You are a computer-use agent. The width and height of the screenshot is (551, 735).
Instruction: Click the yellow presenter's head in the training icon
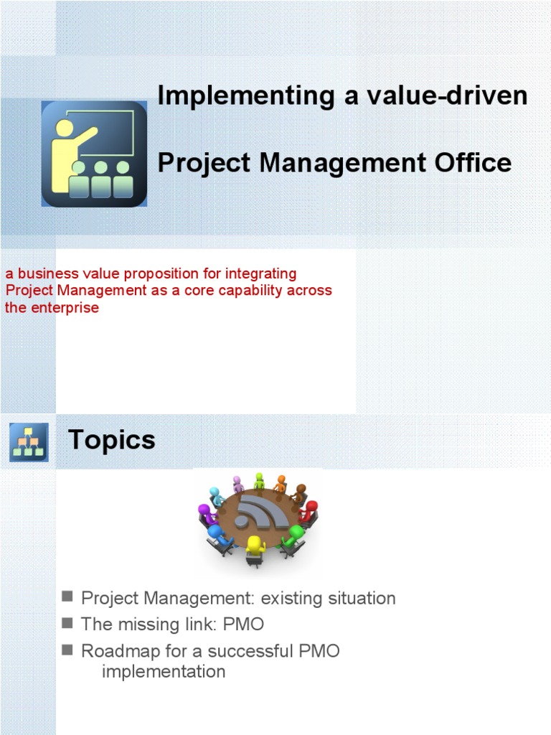pos(65,129)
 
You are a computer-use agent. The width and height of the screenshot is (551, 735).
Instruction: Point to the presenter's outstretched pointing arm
pos(85,136)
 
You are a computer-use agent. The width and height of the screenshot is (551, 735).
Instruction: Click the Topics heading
pos(111,439)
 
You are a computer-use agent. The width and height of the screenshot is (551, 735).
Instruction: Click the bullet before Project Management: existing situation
pos(68,596)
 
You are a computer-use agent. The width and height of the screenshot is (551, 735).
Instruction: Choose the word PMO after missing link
pos(243,624)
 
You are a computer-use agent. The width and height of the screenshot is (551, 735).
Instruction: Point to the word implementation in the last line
pos(164,672)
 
